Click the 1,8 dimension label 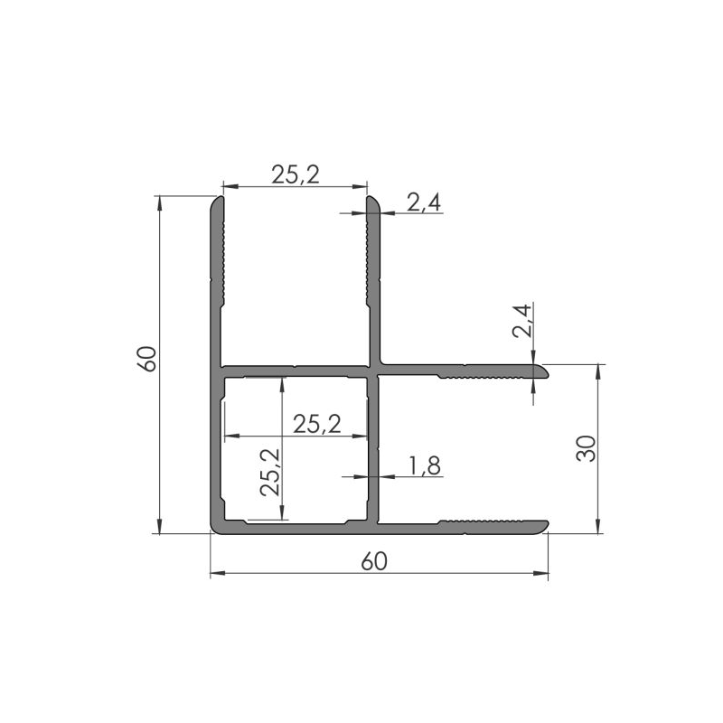(424, 465)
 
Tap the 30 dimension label (587, 448)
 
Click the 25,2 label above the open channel (296, 175)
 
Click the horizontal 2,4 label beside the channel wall (423, 203)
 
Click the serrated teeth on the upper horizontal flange (484, 372)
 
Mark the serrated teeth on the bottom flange (484, 522)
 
